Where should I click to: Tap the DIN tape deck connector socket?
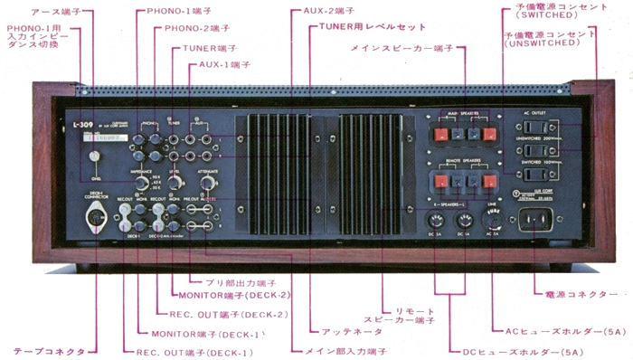(95, 218)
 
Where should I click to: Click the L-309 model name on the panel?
(84, 124)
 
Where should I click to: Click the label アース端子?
(55, 12)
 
